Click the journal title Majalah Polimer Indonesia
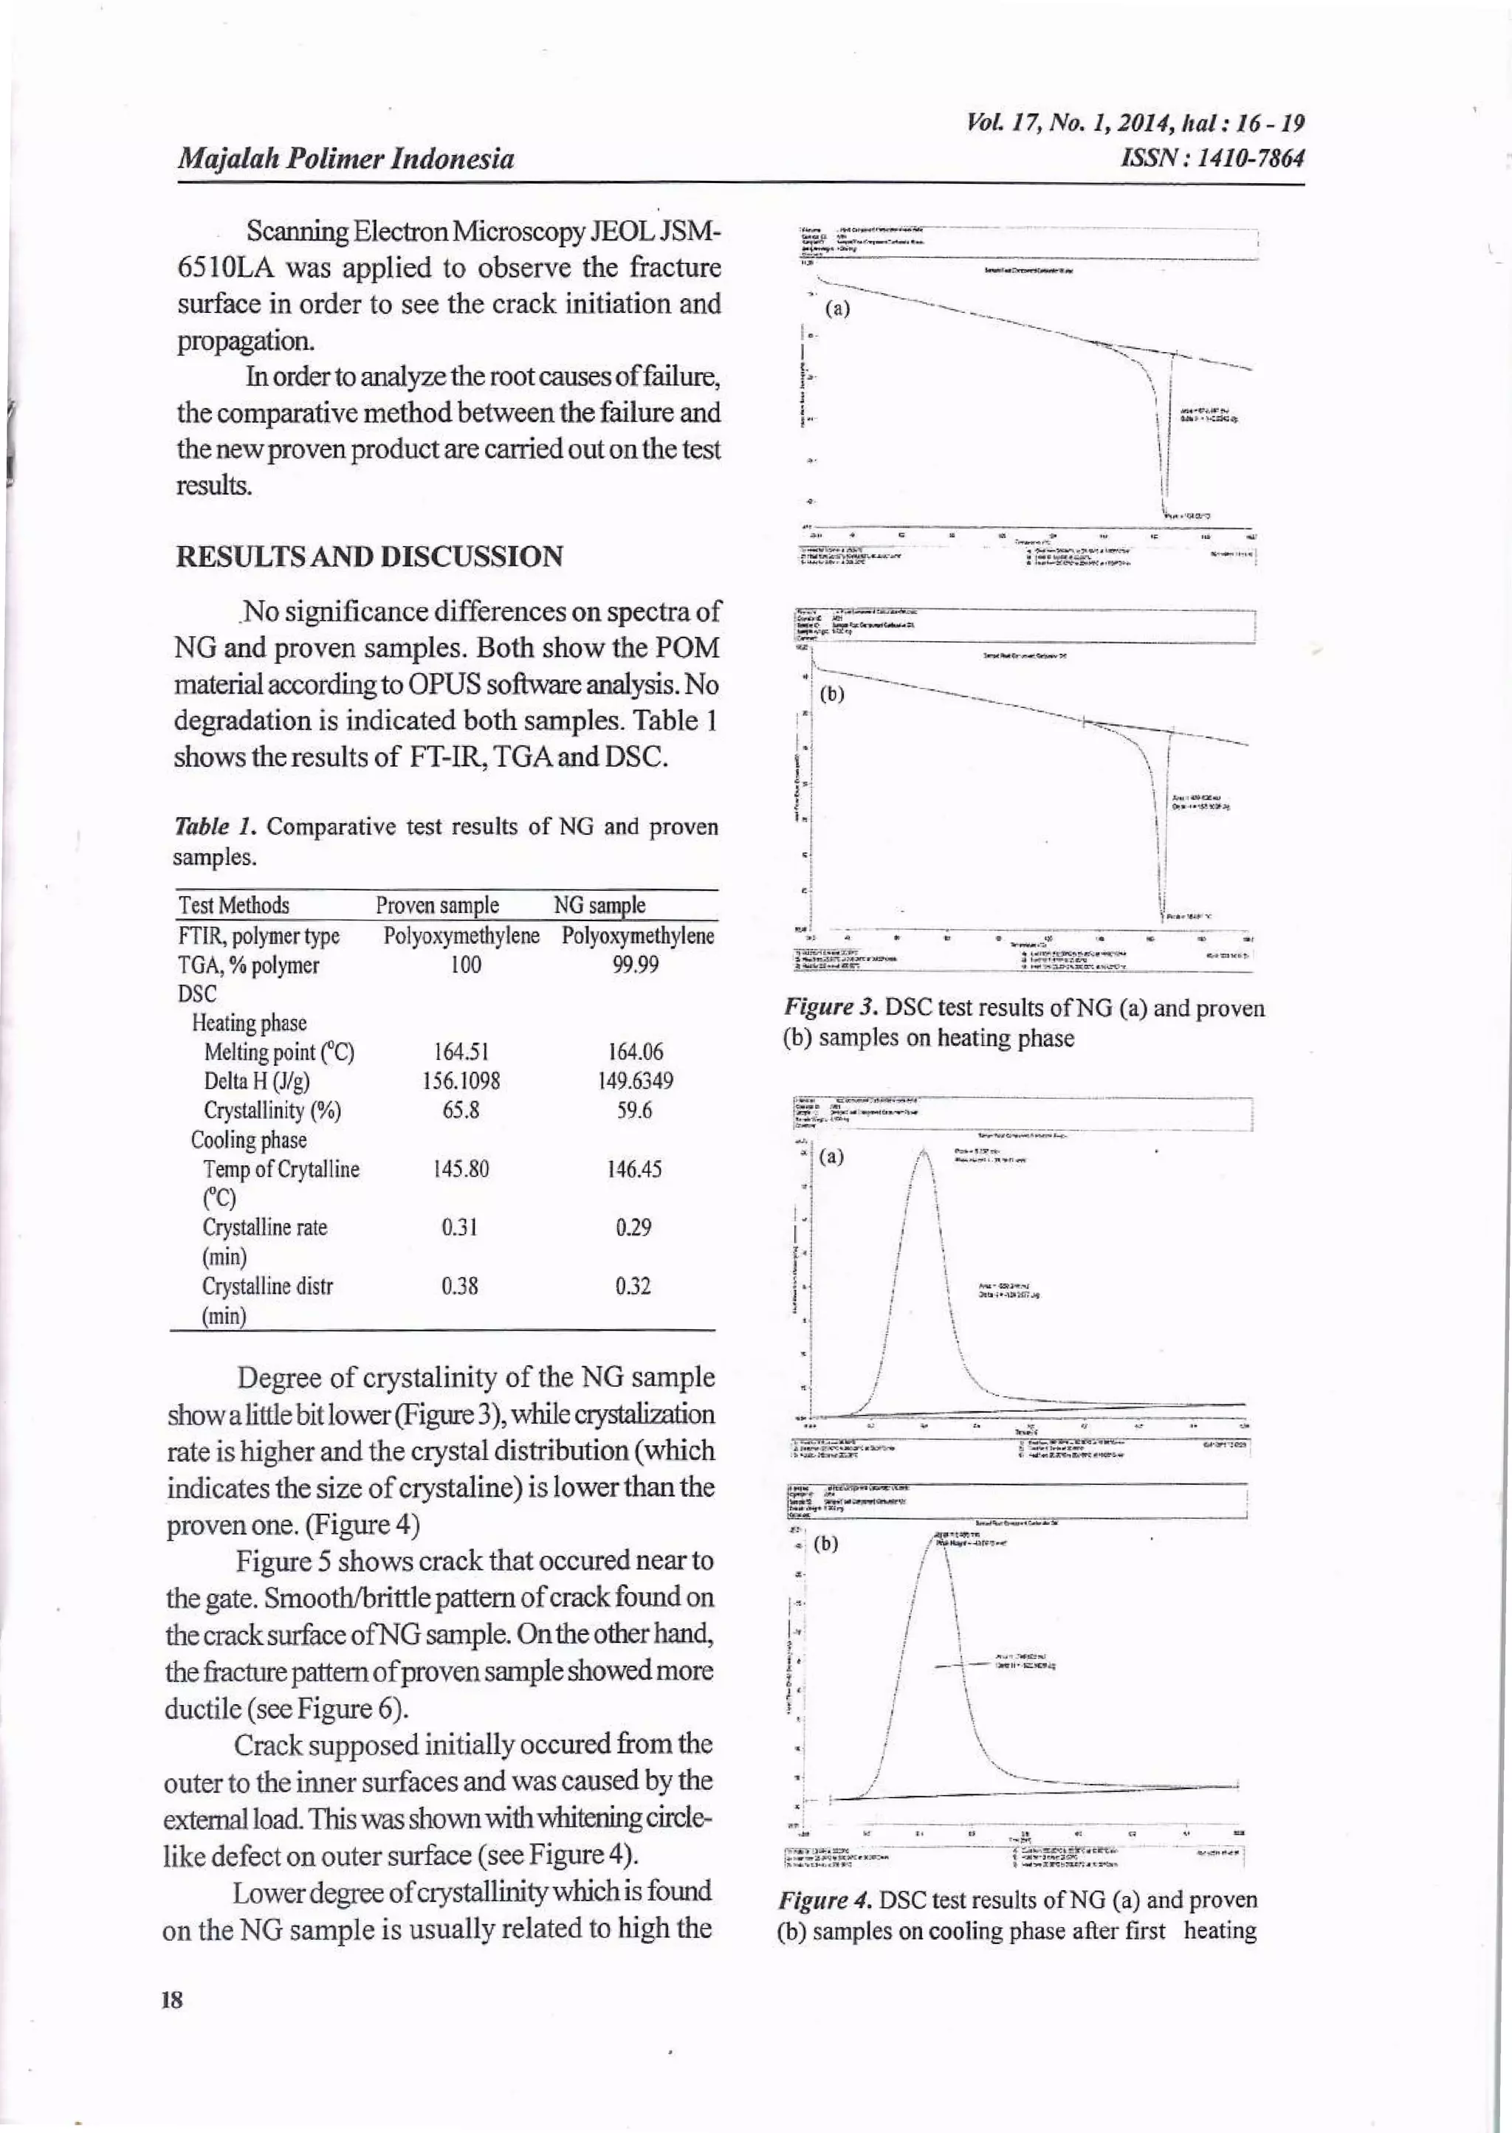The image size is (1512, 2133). [x=346, y=159]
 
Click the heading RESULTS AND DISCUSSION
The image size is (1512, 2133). [x=370, y=556]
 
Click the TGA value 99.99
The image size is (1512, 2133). [x=636, y=965]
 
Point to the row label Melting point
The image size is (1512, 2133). [x=278, y=1052]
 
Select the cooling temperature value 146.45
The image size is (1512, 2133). [x=635, y=1169]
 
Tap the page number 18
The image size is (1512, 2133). [x=172, y=1998]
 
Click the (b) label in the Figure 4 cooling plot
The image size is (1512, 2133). [x=826, y=1545]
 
